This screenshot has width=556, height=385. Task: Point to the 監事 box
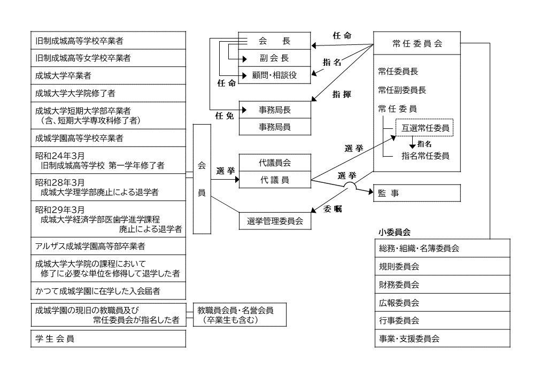pos(416,193)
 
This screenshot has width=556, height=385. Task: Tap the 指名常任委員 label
pos(425,156)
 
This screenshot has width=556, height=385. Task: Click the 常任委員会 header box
pos(416,44)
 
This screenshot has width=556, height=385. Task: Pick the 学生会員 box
pos(109,339)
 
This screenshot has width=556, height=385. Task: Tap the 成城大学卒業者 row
pos(109,76)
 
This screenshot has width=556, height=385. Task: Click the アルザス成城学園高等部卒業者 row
pos(109,247)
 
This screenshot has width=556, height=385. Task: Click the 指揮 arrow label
pos(342,94)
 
